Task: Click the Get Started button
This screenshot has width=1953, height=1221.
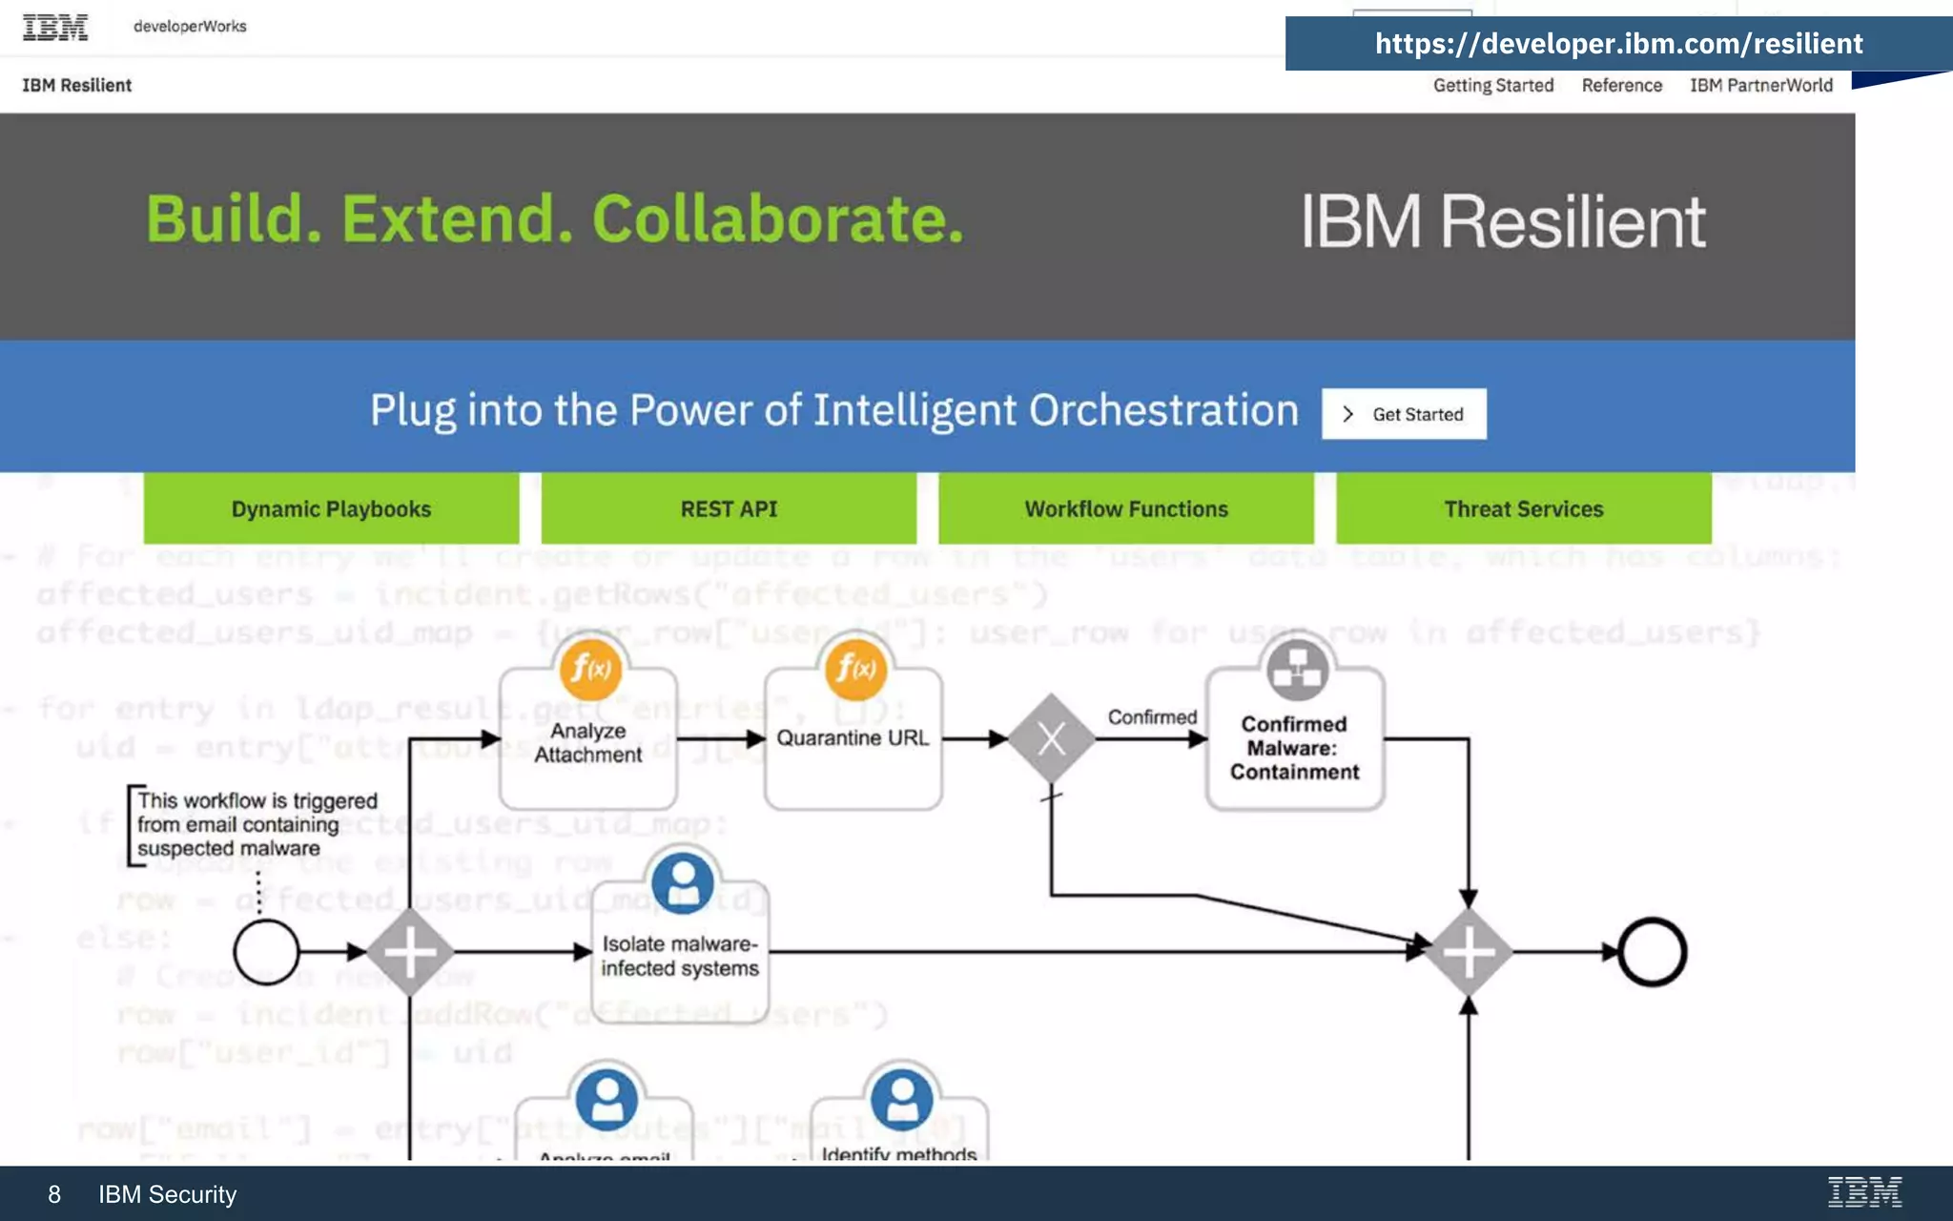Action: click(1404, 414)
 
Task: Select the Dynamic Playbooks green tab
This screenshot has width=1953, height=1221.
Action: click(331, 508)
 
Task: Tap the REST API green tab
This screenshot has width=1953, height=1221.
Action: click(729, 508)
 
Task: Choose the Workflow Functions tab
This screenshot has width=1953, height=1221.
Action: click(1125, 508)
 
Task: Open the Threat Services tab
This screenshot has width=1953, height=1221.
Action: click(1523, 508)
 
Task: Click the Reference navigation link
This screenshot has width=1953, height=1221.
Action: click(1621, 85)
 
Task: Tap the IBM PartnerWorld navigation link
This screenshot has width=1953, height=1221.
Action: click(1760, 85)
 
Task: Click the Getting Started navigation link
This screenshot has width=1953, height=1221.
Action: click(1492, 85)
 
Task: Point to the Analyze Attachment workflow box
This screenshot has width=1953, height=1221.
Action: click(587, 742)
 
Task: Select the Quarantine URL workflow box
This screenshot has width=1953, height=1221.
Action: click(853, 738)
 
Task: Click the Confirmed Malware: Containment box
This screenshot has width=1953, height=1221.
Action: click(1294, 748)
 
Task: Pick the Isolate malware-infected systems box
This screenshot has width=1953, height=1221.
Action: click(679, 956)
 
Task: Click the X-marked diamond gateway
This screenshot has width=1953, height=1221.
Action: click(1051, 738)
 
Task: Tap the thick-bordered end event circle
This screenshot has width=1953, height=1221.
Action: click(1652, 952)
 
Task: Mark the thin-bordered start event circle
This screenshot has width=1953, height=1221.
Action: click(266, 952)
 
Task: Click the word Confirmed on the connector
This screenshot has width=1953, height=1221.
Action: click(1152, 717)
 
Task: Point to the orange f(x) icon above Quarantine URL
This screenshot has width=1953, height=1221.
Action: click(855, 669)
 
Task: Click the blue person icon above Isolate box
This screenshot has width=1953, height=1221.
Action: click(683, 880)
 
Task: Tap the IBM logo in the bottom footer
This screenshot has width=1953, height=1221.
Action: click(1864, 1192)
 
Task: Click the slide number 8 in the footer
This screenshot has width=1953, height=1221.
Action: click(54, 1194)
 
